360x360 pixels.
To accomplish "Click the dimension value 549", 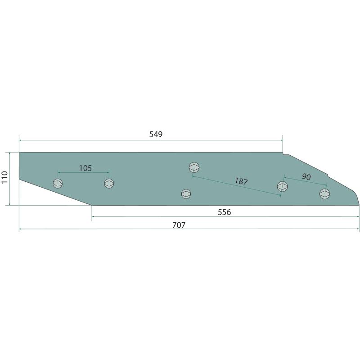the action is (x=156, y=134).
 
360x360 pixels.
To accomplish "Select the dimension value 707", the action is (x=179, y=225).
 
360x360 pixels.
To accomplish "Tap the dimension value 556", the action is (x=224, y=212).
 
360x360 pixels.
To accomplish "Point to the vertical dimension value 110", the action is (x=4, y=177).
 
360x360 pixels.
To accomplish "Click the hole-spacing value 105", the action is (x=85, y=168).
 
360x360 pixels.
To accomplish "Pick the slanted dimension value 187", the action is (x=241, y=181).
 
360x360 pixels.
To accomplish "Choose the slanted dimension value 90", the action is (x=306, y=176).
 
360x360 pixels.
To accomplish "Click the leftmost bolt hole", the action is (x=58, y=183).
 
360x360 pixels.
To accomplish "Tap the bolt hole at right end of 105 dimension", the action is (x=109, y=183).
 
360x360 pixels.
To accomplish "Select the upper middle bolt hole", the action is (x=194, y=167).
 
